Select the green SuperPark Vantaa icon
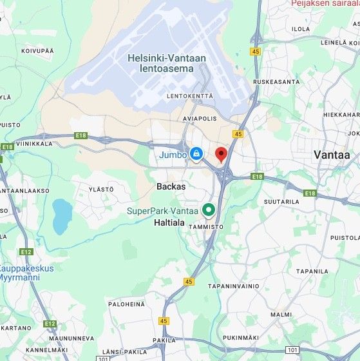[209, 210]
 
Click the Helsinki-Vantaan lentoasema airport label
[167, 63]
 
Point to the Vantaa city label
[331, 155]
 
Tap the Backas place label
[171, 186]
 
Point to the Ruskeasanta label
[276, 82]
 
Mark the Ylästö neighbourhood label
[101, 189]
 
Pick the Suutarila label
[282, 201]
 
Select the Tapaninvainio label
[233, 286]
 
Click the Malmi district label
[281, 315]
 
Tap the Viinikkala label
[33, 144]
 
